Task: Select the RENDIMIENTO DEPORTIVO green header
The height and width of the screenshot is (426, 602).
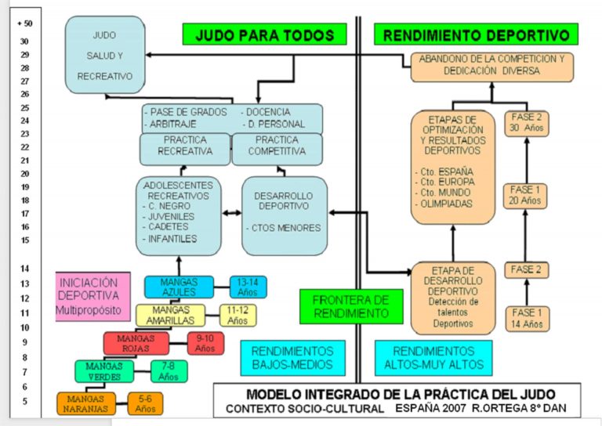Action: (x=476, y=34)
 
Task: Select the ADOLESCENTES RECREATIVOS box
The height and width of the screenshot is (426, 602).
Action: (x=178, y=215)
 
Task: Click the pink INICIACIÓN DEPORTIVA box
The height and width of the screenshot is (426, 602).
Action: (x=93, y=297)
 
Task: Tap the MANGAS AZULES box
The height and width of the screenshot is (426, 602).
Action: (x=179, y=287)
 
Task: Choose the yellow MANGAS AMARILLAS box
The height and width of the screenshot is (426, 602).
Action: (x=169, y=315)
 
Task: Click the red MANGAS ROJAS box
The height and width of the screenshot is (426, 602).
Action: (x=136, y=343)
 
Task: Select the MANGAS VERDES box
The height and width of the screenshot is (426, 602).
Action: (x=104, y=371)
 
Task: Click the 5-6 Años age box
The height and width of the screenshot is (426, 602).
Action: (x=146, y=403)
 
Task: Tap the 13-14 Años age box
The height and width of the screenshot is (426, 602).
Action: (x=248, y=287)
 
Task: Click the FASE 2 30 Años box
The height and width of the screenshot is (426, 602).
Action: (x=526, y=123)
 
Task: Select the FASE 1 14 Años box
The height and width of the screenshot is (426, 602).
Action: (x=526, y=317)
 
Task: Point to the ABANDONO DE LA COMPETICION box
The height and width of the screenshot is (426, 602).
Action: (x=491, y=64)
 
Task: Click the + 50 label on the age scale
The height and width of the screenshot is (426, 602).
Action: (x=24, y=23)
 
